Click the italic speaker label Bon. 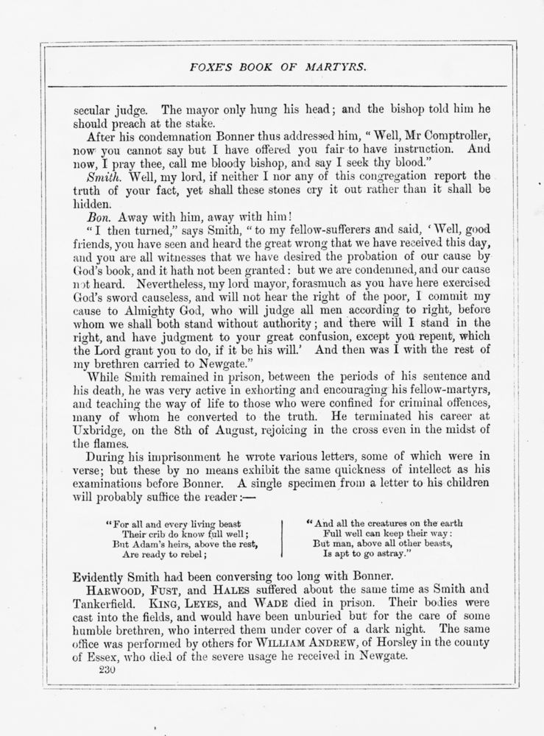pos(98,216)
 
